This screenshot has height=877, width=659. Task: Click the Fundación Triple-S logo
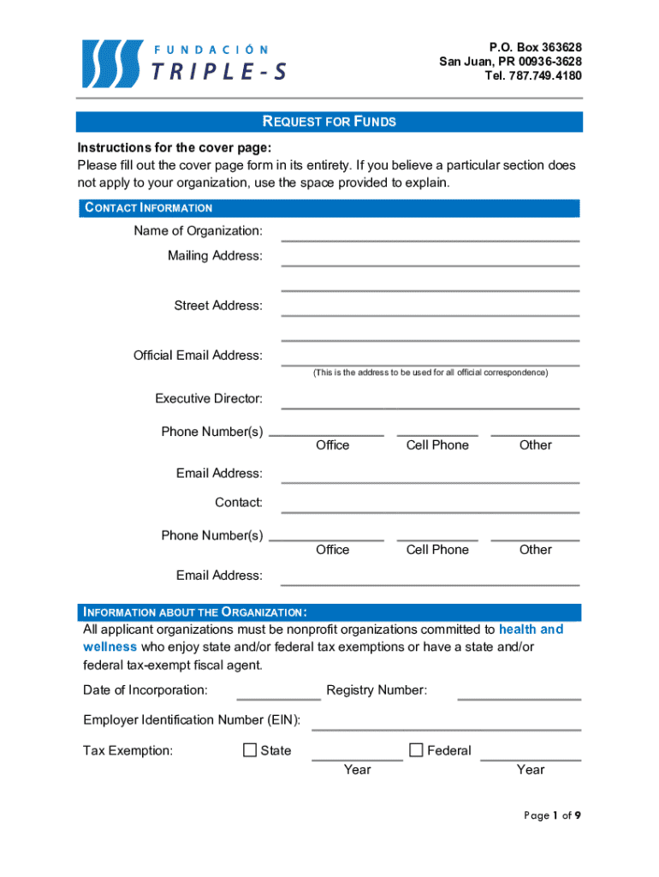coord(184,63)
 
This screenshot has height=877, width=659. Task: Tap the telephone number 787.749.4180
coord(532,75)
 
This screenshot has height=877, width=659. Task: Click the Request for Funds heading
coord(329,122)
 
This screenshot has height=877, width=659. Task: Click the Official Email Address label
coord(198,355)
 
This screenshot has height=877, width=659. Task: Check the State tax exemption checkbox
coord(250,750)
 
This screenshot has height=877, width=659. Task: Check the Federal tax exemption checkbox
coord(417,750)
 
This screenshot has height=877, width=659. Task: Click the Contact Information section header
coord(148,208)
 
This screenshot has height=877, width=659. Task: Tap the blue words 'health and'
coord(531,629)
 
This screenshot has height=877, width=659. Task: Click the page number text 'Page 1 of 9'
coord(552,815)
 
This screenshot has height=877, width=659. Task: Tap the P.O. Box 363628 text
coord(535,46)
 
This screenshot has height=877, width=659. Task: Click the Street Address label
coord(218,306)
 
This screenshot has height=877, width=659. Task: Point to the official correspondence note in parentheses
coord(430,373)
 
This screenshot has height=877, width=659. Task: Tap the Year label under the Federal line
coord(531,769)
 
